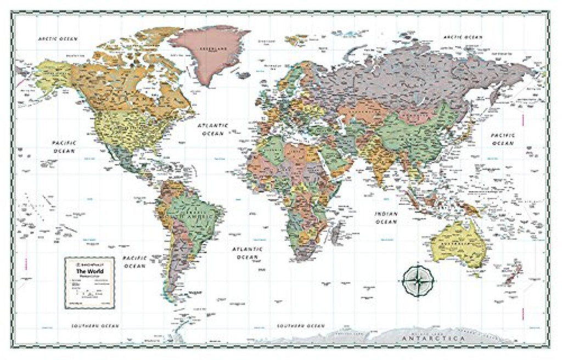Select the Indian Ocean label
pos(386,218)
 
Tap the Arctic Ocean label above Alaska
pos(58,39)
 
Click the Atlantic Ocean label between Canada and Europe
pos(213,130)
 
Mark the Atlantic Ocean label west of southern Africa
pos(247,253)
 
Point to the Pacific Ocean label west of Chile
pos(134,262)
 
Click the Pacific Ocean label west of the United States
pos(64,146)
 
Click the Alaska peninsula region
pos(52,74)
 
